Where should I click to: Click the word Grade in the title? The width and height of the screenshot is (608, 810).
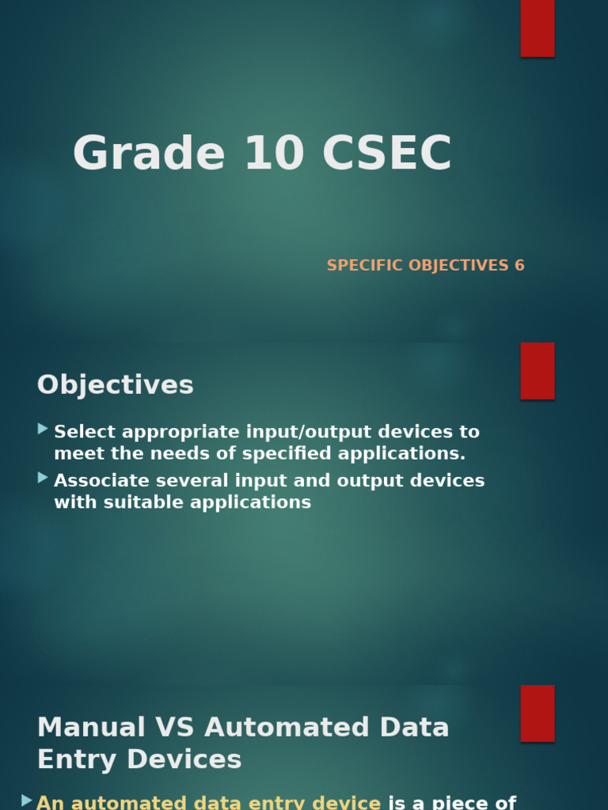tap(149, 153)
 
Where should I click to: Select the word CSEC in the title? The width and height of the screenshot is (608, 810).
tap(387, 153)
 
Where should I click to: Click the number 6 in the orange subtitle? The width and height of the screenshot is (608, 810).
tap(519, 266)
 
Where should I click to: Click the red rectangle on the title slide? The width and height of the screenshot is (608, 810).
tap(538, 28)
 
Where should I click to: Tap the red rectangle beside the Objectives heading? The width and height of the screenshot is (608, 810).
tap(538, 371)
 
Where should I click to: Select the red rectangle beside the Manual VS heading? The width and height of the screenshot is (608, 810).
tap(538, 713)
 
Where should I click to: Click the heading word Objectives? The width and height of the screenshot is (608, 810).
tap(116, 385)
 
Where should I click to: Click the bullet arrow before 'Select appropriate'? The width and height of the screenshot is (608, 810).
tap(43, 429)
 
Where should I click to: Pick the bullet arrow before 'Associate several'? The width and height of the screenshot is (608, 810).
tap(43, 478)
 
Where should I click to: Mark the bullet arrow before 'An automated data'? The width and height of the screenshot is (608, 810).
tap(27, 801)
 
